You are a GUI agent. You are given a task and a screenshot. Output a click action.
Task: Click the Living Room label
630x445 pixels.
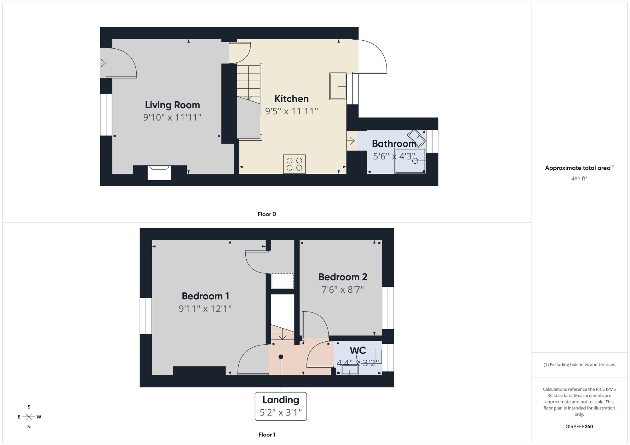[172, 105]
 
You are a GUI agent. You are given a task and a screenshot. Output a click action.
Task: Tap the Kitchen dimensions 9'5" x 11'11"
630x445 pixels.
[291, 111]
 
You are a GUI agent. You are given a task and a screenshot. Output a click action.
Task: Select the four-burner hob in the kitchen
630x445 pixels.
[294, 164]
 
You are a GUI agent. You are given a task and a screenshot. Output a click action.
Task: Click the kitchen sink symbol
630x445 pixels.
[338, 86]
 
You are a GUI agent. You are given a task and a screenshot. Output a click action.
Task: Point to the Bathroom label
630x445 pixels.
[394, 144]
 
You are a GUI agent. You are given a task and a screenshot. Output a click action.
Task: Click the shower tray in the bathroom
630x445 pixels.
[410, 161]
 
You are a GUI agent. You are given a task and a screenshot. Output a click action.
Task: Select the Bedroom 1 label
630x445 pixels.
[205, 296]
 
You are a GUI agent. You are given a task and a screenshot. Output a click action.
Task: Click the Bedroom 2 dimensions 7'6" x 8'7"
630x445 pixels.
[343, 290]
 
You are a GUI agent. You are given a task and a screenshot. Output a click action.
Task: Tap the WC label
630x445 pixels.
[358, 350]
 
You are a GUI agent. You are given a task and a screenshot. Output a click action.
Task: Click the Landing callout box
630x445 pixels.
[281, 406]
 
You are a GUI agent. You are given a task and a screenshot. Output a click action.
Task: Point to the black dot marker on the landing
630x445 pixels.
[281, 357]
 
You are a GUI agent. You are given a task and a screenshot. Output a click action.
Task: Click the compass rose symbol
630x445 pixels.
[29, 417]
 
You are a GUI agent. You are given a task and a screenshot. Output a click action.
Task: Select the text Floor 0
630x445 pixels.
[267, 214]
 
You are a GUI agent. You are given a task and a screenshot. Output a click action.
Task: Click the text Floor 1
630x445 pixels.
[267, 435]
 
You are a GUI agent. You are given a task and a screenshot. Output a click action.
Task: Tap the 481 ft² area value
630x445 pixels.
[579, 178]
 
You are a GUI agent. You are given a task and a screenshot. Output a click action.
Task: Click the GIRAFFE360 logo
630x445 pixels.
[579, 427]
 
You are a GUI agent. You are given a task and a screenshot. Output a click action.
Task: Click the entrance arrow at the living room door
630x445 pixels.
[101, 63]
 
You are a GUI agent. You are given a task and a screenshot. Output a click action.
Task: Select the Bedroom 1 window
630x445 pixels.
[146, 316]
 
